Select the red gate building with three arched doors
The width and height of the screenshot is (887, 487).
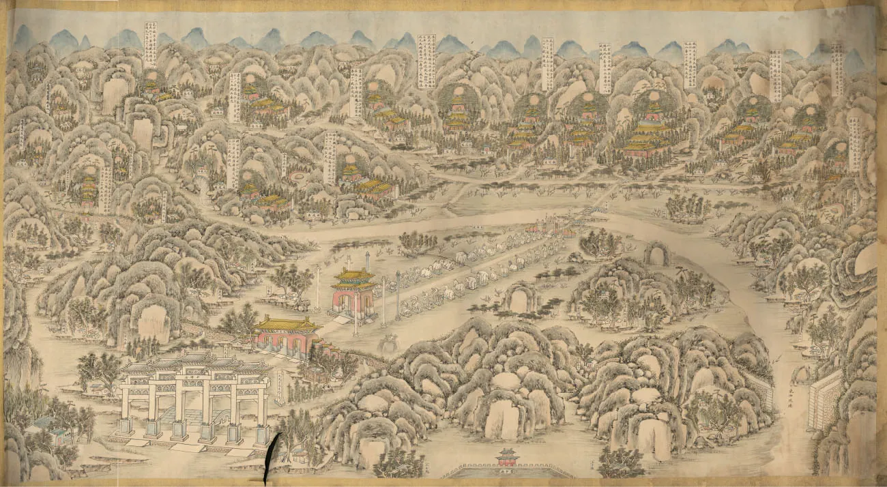287,337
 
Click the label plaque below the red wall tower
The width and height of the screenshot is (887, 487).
508,471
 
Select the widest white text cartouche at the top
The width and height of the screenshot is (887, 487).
426,61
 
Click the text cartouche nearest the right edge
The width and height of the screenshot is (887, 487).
854,144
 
